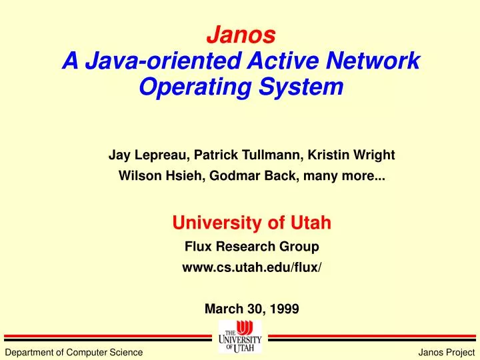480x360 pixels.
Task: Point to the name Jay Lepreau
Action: (x=147, y=155)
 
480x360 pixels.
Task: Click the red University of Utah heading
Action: (x=252, y=223)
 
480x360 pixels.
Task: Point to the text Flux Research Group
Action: (x=251, y=247)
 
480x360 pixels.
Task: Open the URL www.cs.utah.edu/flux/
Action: (x=251, y=268)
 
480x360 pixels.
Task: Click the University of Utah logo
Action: (x=240, y=337)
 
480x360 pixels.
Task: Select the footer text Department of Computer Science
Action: (x=73, y=352)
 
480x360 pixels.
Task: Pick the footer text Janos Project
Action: (x=446, y=352)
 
